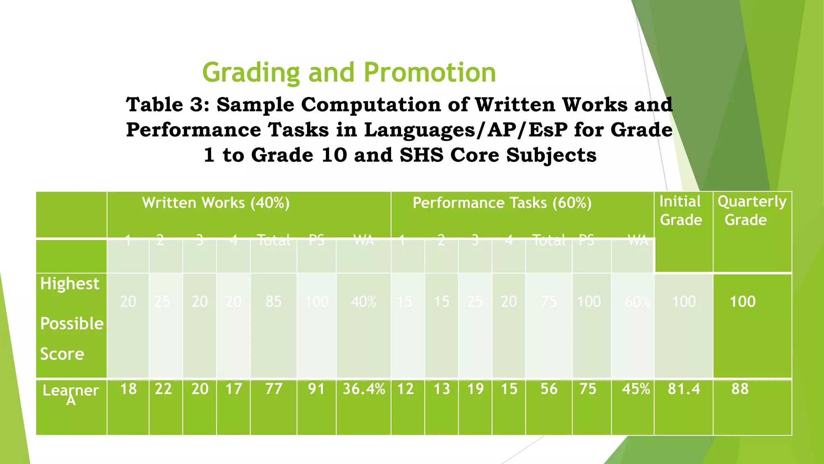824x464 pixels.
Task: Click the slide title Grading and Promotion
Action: (x=349, y=72)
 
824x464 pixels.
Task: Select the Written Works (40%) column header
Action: (x=216, y=203)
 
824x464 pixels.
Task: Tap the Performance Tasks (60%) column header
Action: (x=502, y=203)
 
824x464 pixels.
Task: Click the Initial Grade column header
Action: (x=681, y=211)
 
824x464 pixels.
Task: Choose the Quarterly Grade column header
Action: (x=752, y=211)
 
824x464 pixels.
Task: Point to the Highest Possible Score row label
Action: (x=72, y=319)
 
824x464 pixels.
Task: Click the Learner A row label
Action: (x=71, y=394)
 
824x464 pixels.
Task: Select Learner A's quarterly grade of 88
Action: (x=740, y=389)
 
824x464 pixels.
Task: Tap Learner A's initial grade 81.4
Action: (x=684, y=389)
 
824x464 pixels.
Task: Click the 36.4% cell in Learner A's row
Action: (x=364, y=389)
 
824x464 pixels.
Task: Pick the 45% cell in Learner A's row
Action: (x=636, y=389)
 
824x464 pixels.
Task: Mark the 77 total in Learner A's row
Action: (x=274, y=389)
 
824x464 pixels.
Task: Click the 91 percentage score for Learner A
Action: (x=316, y=389)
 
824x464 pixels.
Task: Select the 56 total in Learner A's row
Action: (x=549, y=389)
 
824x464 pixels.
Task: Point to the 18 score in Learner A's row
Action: (x=128, y=389)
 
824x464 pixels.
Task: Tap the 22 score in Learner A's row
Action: (x=163, y=389)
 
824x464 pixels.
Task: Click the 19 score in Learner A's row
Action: (x=475, y=389)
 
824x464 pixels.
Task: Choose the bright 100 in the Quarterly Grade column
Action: (x=743, y=302)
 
